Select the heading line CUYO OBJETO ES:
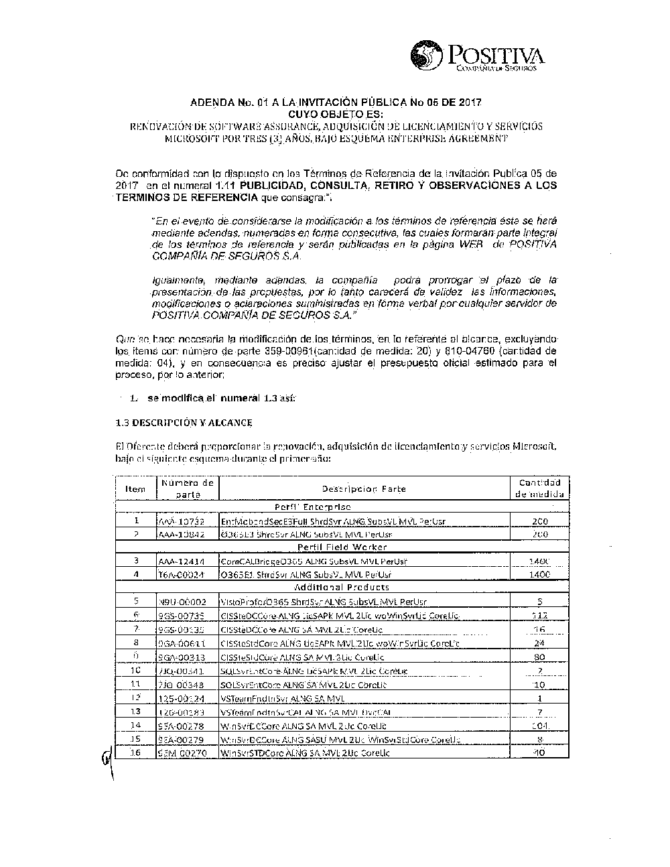335,115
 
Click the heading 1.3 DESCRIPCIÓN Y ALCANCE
184,423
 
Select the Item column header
135,489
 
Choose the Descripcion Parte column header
364,489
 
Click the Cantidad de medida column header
540,488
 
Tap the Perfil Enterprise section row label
313,508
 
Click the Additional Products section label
342,588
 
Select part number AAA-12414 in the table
182,561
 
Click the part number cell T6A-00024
182,575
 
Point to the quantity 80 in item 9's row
540,657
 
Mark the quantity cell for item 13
540,712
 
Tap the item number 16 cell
136,752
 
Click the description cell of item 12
364,698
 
